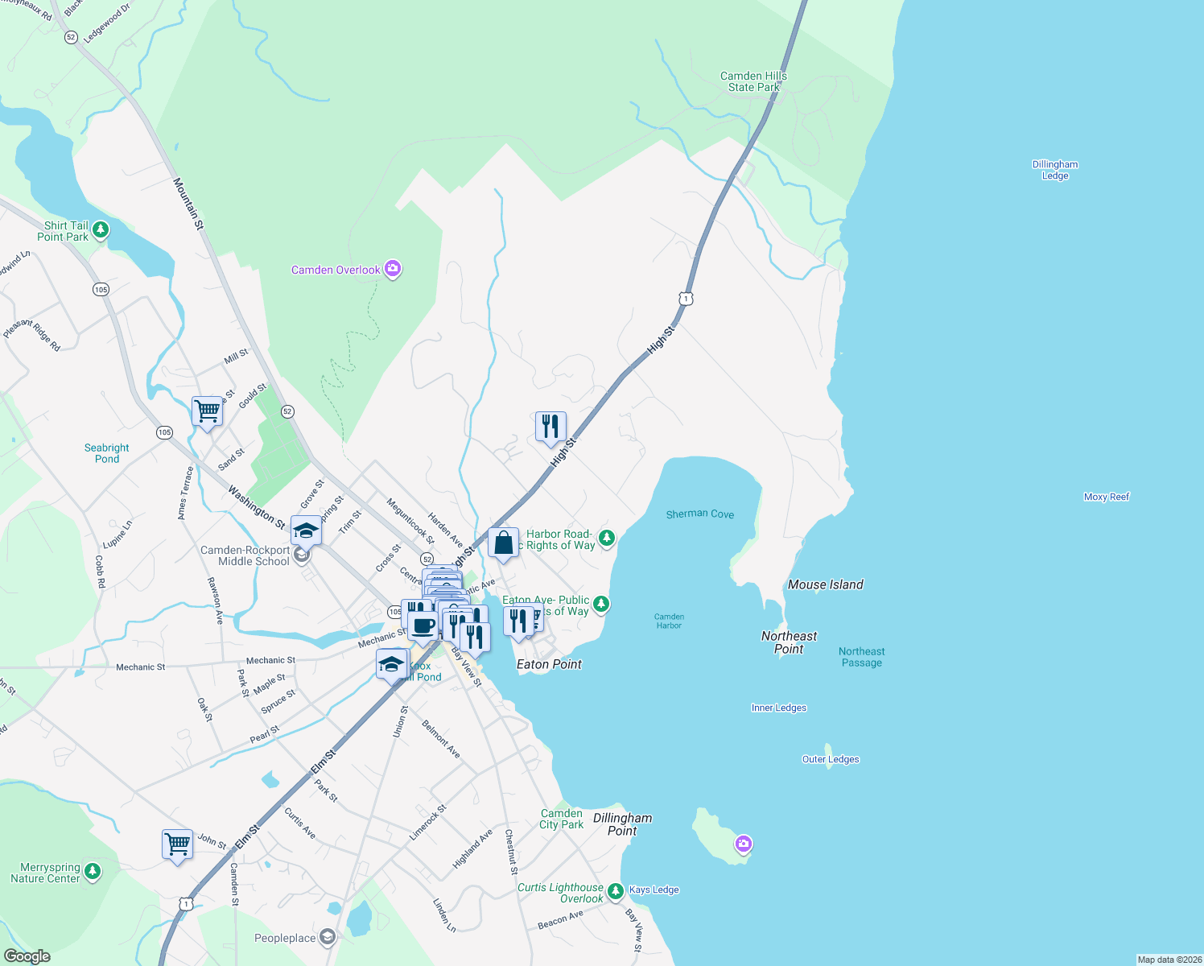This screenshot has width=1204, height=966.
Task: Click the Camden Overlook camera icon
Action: click(x=393, y=269)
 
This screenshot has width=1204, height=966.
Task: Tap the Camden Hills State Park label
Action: click(x=753, y=81)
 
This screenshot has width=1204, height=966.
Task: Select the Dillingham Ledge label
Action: click(x=1054, y=170)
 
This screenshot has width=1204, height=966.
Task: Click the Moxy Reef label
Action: click(x=1106, y=497)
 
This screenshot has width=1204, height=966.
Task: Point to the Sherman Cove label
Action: click(x=699, y=514)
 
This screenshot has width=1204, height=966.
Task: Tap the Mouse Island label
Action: click(x=825, y=584)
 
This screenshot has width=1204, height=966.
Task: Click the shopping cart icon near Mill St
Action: click(x=207, y=411)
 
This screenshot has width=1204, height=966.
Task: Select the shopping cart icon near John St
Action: click(x=177, y=844)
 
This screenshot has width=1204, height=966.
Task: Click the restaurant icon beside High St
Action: click(x=550, y=426)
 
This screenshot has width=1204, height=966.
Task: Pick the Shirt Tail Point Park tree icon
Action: click(x=100, y=231)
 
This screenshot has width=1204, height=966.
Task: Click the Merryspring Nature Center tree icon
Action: click(x=93, y=872)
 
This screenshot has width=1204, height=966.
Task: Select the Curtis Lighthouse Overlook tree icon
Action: click(x=616, y=891)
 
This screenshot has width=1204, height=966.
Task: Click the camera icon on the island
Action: click(x=743, y=844)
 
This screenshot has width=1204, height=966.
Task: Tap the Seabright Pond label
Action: click(x=106, y=453)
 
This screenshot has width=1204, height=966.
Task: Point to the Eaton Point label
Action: click(x=549, y=664)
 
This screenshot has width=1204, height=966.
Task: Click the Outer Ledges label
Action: click(x=831, y=759)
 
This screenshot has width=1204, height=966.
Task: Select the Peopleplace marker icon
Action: click(x=327, y=937)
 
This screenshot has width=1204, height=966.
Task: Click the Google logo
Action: click(x=27, y=956)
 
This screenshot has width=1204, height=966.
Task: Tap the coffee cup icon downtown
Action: click(x=423, y=625)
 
